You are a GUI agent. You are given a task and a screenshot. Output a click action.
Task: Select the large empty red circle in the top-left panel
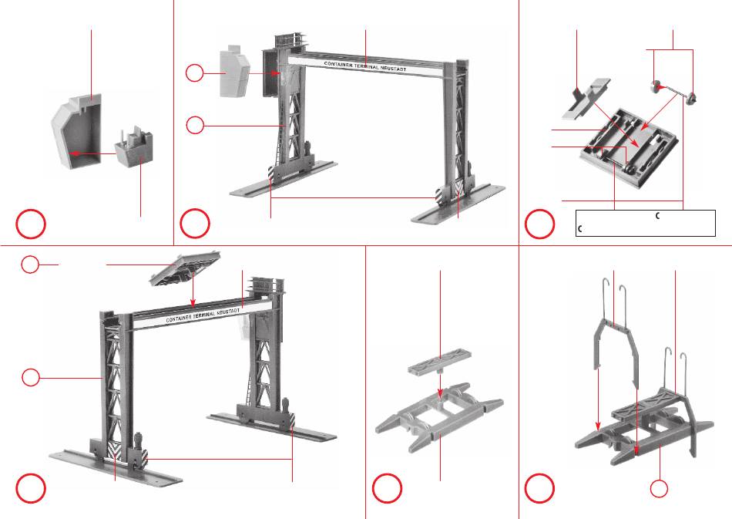click(30, 224)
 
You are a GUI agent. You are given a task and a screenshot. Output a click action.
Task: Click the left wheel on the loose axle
click(657, 87)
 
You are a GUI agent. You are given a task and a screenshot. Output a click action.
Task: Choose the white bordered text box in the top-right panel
click(646, 223)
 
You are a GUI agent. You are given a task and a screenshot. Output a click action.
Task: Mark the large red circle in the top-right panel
click(539, 224)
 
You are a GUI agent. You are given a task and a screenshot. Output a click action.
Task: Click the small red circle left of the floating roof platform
click(29, 265)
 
